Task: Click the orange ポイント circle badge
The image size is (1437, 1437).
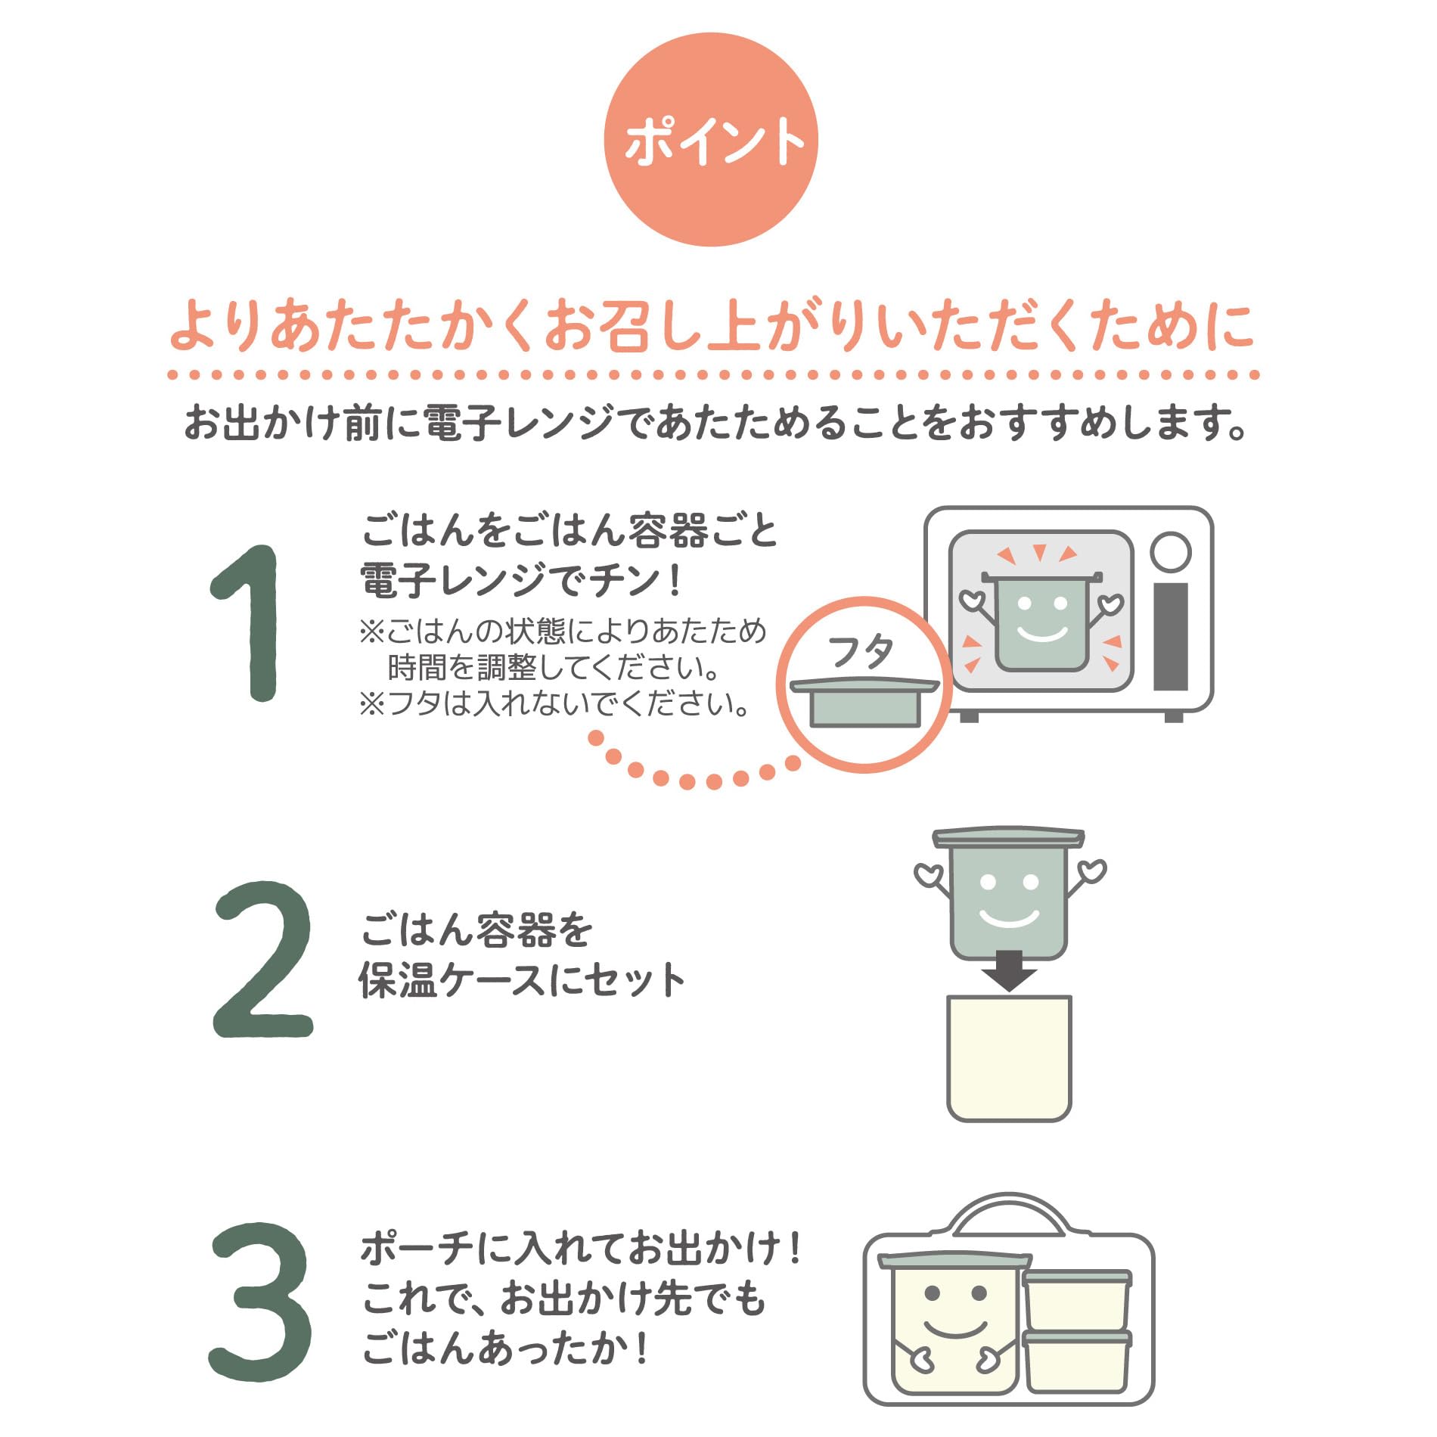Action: pyautogui.click(x=711, y=140)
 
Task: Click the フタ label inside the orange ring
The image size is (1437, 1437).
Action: pyautogui.click(x=861, y=651)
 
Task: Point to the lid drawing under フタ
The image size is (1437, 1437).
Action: pyautogui.click(x=864, y=703)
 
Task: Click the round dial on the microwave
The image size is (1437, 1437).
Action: pyautogui.click(x=1170, y=551)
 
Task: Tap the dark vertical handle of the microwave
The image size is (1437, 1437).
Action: pyautogui.click(x=1170, y=635)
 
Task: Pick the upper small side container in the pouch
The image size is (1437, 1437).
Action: pyautogui.click(x=1077, y=1299)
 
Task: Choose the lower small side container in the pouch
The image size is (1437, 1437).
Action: pyautogui.click(x=1077, y=1360)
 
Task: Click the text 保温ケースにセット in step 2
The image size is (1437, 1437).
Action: pyautogui.click(x=522, y=980)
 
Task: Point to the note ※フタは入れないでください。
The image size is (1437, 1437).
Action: pyautogui.click(x=554, y=704)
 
